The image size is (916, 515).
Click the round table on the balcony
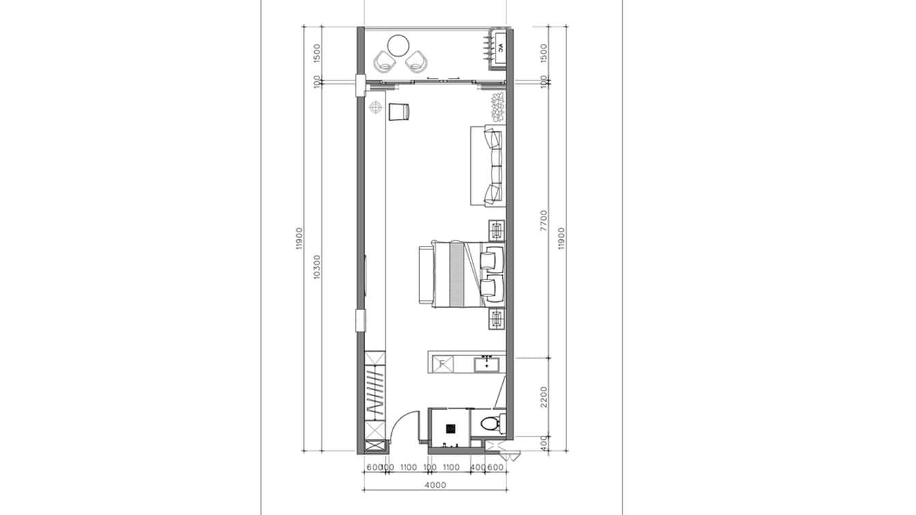click(x=398, y=46)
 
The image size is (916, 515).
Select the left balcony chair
click(x=384, y=63)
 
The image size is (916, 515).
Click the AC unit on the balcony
click(x=499, y=48)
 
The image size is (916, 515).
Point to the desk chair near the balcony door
click(x=399, y=111)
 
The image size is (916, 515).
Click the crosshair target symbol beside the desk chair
click(x=375, y=108)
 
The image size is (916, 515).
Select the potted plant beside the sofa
click(x=497, y=108)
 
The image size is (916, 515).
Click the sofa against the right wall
click(x=488, y=166)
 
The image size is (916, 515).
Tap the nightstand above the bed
click(x=496, y=230)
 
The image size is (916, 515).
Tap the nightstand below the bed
click(x=496, y=318)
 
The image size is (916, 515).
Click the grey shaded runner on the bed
click(x=456, y=274)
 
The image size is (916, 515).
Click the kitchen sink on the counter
click(x=487, y=363)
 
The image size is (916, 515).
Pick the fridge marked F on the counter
click(x=442, y=363)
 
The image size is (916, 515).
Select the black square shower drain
click(x=450, y=429)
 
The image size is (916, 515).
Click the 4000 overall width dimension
click(x=435, y=485)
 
